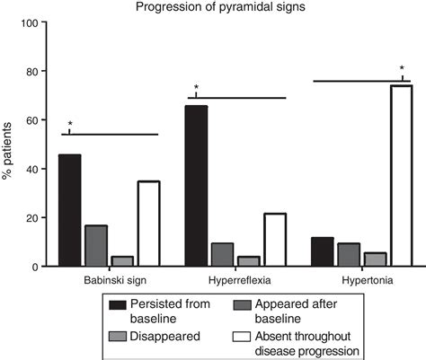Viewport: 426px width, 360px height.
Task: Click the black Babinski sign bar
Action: click(x=70, y=210)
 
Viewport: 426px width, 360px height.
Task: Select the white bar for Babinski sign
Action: click(x=149, y=224)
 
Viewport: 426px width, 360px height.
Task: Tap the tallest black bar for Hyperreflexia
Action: click(x=196, y=186)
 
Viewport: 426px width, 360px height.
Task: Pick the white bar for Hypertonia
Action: click(x=402, y=175)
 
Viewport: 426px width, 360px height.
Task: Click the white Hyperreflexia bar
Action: click(x=275, y=240)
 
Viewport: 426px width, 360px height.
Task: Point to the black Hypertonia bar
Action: click(x=323, y=251)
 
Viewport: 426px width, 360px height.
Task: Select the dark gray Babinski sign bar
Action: click(x=96, y=245)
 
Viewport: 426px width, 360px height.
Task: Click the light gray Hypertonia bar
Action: click(x=375, y=259)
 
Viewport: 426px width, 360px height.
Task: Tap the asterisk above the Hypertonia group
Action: click(x=402, y=68)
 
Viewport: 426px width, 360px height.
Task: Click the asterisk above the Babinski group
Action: click(x=70, y=123)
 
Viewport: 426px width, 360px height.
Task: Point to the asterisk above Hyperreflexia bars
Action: click(x=196, y=87)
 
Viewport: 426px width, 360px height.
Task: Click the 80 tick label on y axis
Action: click(x=31, y=72)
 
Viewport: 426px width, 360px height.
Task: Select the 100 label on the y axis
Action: click(x=29, y=22)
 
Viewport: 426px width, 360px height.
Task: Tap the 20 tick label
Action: click(x=31, y=218)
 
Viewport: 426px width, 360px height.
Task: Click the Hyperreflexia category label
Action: click(x=240, y=281)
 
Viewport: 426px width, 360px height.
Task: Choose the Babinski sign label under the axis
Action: click(x=115, y=281)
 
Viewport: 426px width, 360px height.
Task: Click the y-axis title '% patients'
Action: click(x=6, y=151)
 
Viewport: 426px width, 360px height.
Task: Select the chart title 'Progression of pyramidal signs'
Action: click(x=220, y=6)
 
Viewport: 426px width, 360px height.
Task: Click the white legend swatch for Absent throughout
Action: click(x=242, y=337)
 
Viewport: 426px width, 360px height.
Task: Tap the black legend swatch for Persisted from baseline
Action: click(x=118, y=305)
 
